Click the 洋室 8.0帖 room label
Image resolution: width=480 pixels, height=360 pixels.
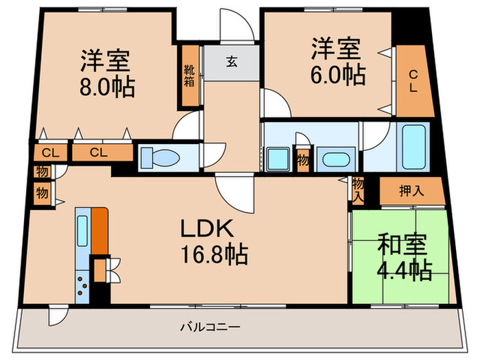tap(106, 73)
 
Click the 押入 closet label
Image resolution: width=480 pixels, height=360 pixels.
tap(411, 191)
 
